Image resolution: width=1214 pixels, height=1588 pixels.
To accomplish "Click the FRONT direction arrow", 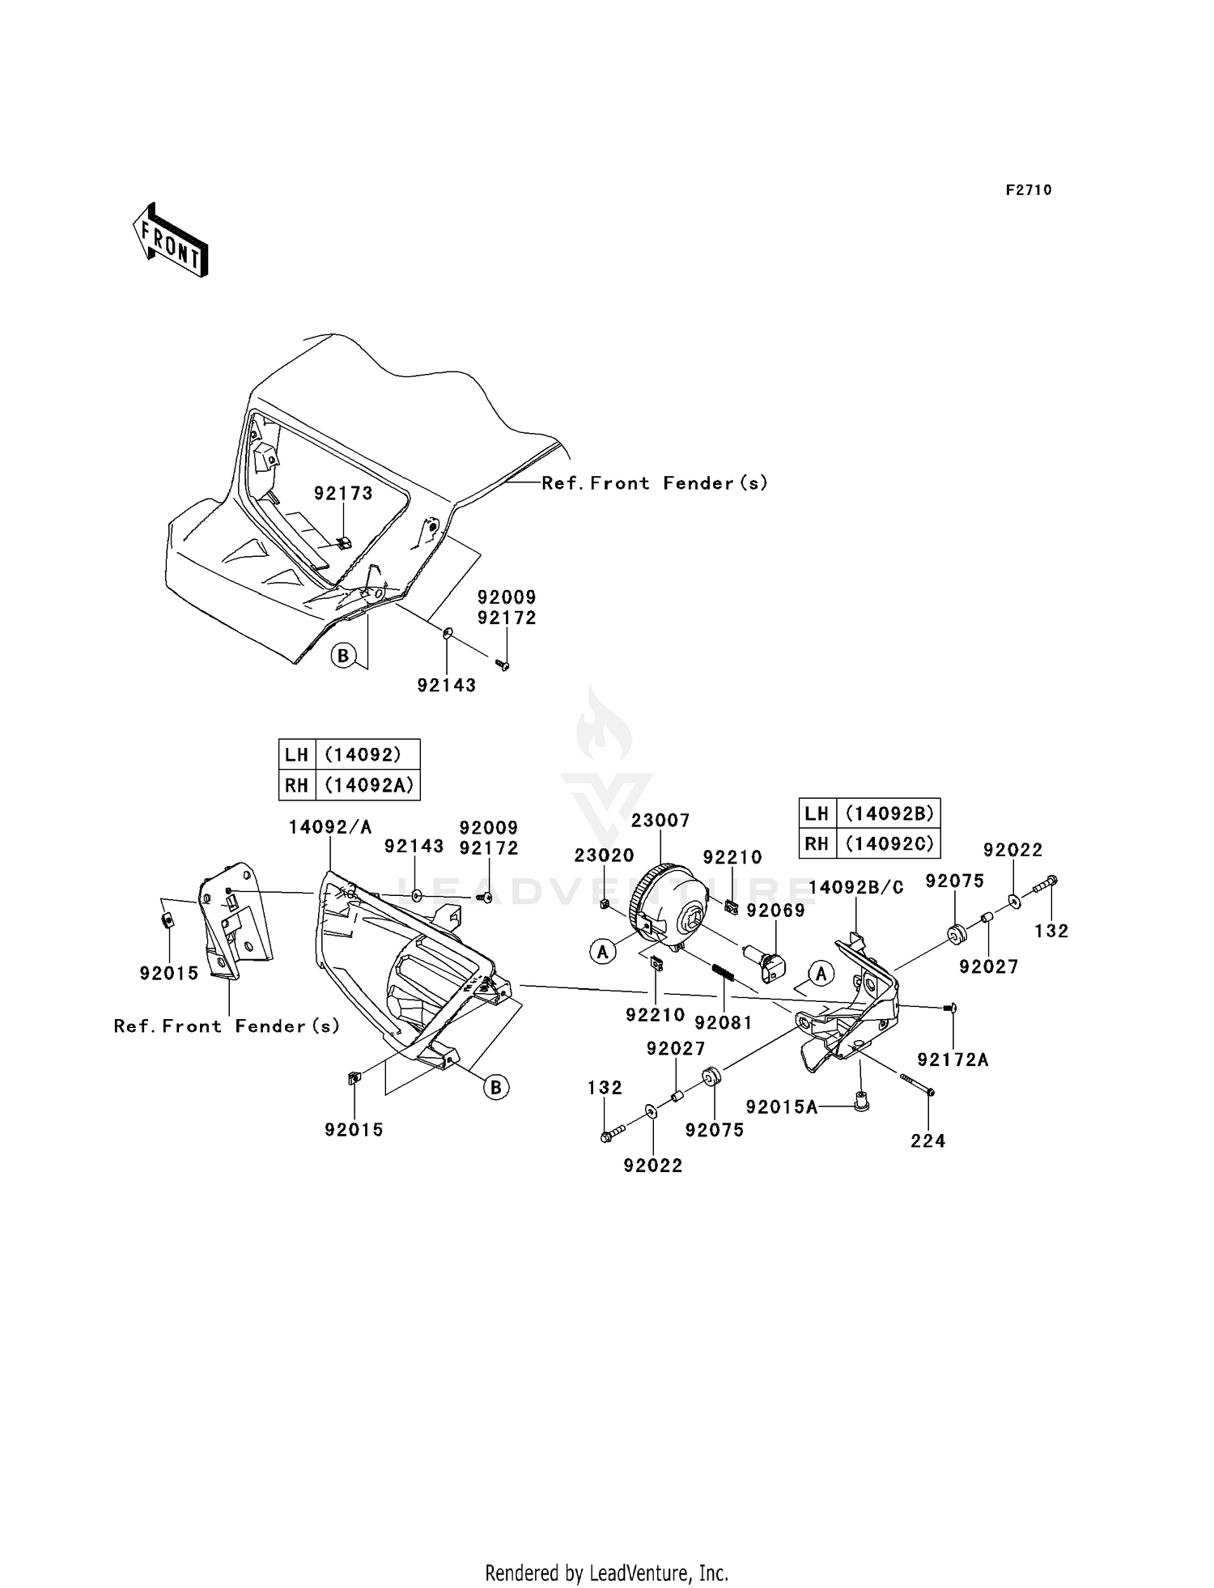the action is click(x=171, y=240).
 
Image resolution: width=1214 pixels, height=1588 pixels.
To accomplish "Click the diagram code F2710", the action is click(x=1029, y=190).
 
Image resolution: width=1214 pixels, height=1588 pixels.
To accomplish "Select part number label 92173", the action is click(x=343, y=493).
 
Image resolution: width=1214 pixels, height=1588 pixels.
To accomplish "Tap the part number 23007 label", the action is click(x=660, y=821).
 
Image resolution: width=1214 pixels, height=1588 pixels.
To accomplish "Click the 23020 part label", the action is click(x=605, y=856).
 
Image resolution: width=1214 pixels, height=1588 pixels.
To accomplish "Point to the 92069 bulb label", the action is click(x=776, y=911).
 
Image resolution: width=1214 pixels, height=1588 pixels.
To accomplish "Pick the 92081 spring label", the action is click(x=724, y=1023).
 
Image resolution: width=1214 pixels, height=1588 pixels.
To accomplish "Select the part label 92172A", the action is click(x=953, y=1059).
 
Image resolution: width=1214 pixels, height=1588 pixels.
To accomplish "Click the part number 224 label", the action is click(x=927, y=1140).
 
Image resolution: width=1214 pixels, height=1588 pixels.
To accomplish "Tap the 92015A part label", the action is click(x=782, y=1106).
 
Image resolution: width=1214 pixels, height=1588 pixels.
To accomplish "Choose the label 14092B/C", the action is click(x=856, y=887).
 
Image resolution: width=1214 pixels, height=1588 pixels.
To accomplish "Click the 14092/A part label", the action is click(x=330, y=826).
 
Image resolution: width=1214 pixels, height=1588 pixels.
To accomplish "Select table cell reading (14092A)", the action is click(x=368, y=784).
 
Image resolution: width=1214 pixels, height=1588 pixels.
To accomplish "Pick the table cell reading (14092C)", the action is click(x=889, y=843).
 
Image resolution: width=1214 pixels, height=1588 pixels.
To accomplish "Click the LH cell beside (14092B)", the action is click(x=817, y=813).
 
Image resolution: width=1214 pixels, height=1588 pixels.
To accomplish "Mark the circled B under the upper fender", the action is click(x=343, y=655).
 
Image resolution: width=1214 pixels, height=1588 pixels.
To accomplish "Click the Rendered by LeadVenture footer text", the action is click(x=606, y=1573).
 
